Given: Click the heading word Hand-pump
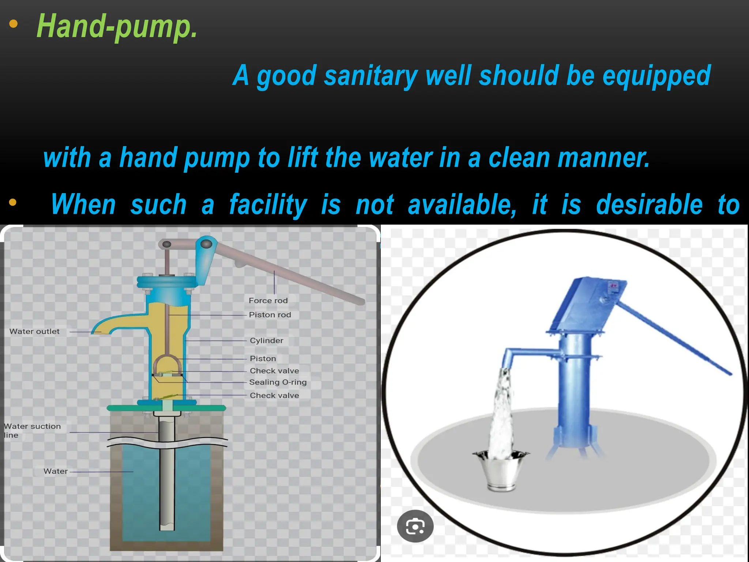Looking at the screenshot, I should pyautogui.click(x=117, y=26).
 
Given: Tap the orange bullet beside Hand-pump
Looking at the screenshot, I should pyautogui.click(x=13, y=24).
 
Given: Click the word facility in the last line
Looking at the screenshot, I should pyautogui.click(x=268, y=205).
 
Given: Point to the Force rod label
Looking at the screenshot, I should pyautogui.click(x=268, y=301).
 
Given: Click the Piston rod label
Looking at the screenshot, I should pyautogui.click(x=270, y=315).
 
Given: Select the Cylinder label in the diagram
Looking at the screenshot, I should pyautogui.click(x=267, y=341).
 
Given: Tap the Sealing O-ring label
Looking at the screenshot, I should pyautogui.click(x=278, y=382).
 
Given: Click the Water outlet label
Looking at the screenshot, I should pyautogui.click(x=34, y=331).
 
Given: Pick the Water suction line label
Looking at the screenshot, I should pyautogui.click(x=32, y=431).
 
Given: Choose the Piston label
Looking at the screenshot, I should pyautogui.click(x=263, y=359).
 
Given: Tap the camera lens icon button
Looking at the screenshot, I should pyautogui.click(x=415, y=526).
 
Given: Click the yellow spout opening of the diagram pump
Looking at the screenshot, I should pyautogui.click(x=102, y=331).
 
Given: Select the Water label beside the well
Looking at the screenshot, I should pyautogui.click(x=56, y=471).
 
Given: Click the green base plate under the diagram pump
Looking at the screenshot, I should pyautogui.click(x=166, y=408).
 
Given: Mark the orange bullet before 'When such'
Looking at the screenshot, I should pyautogui.click(x=13, y=202).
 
